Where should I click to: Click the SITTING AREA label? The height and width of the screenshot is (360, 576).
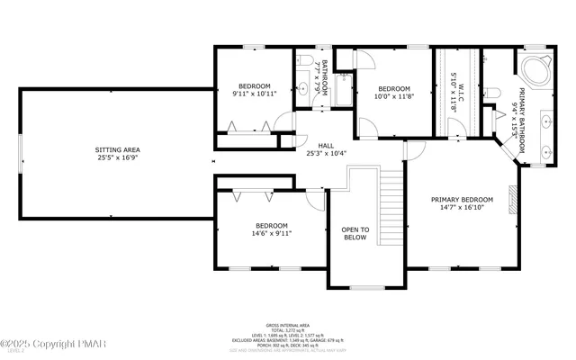pos(118,149)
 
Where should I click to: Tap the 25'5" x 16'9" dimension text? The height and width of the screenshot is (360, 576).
pos(118,158)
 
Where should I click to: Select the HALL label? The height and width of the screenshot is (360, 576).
pos(326,145)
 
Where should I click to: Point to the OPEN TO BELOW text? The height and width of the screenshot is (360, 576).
pos(355,236)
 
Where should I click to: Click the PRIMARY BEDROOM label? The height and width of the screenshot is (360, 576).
pos(462,199)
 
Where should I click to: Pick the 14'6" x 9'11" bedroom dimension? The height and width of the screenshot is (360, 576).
pos(271,233)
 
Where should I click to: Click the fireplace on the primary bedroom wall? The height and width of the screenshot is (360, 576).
pos(514,199)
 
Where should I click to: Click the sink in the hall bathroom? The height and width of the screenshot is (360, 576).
pos(303,88)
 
